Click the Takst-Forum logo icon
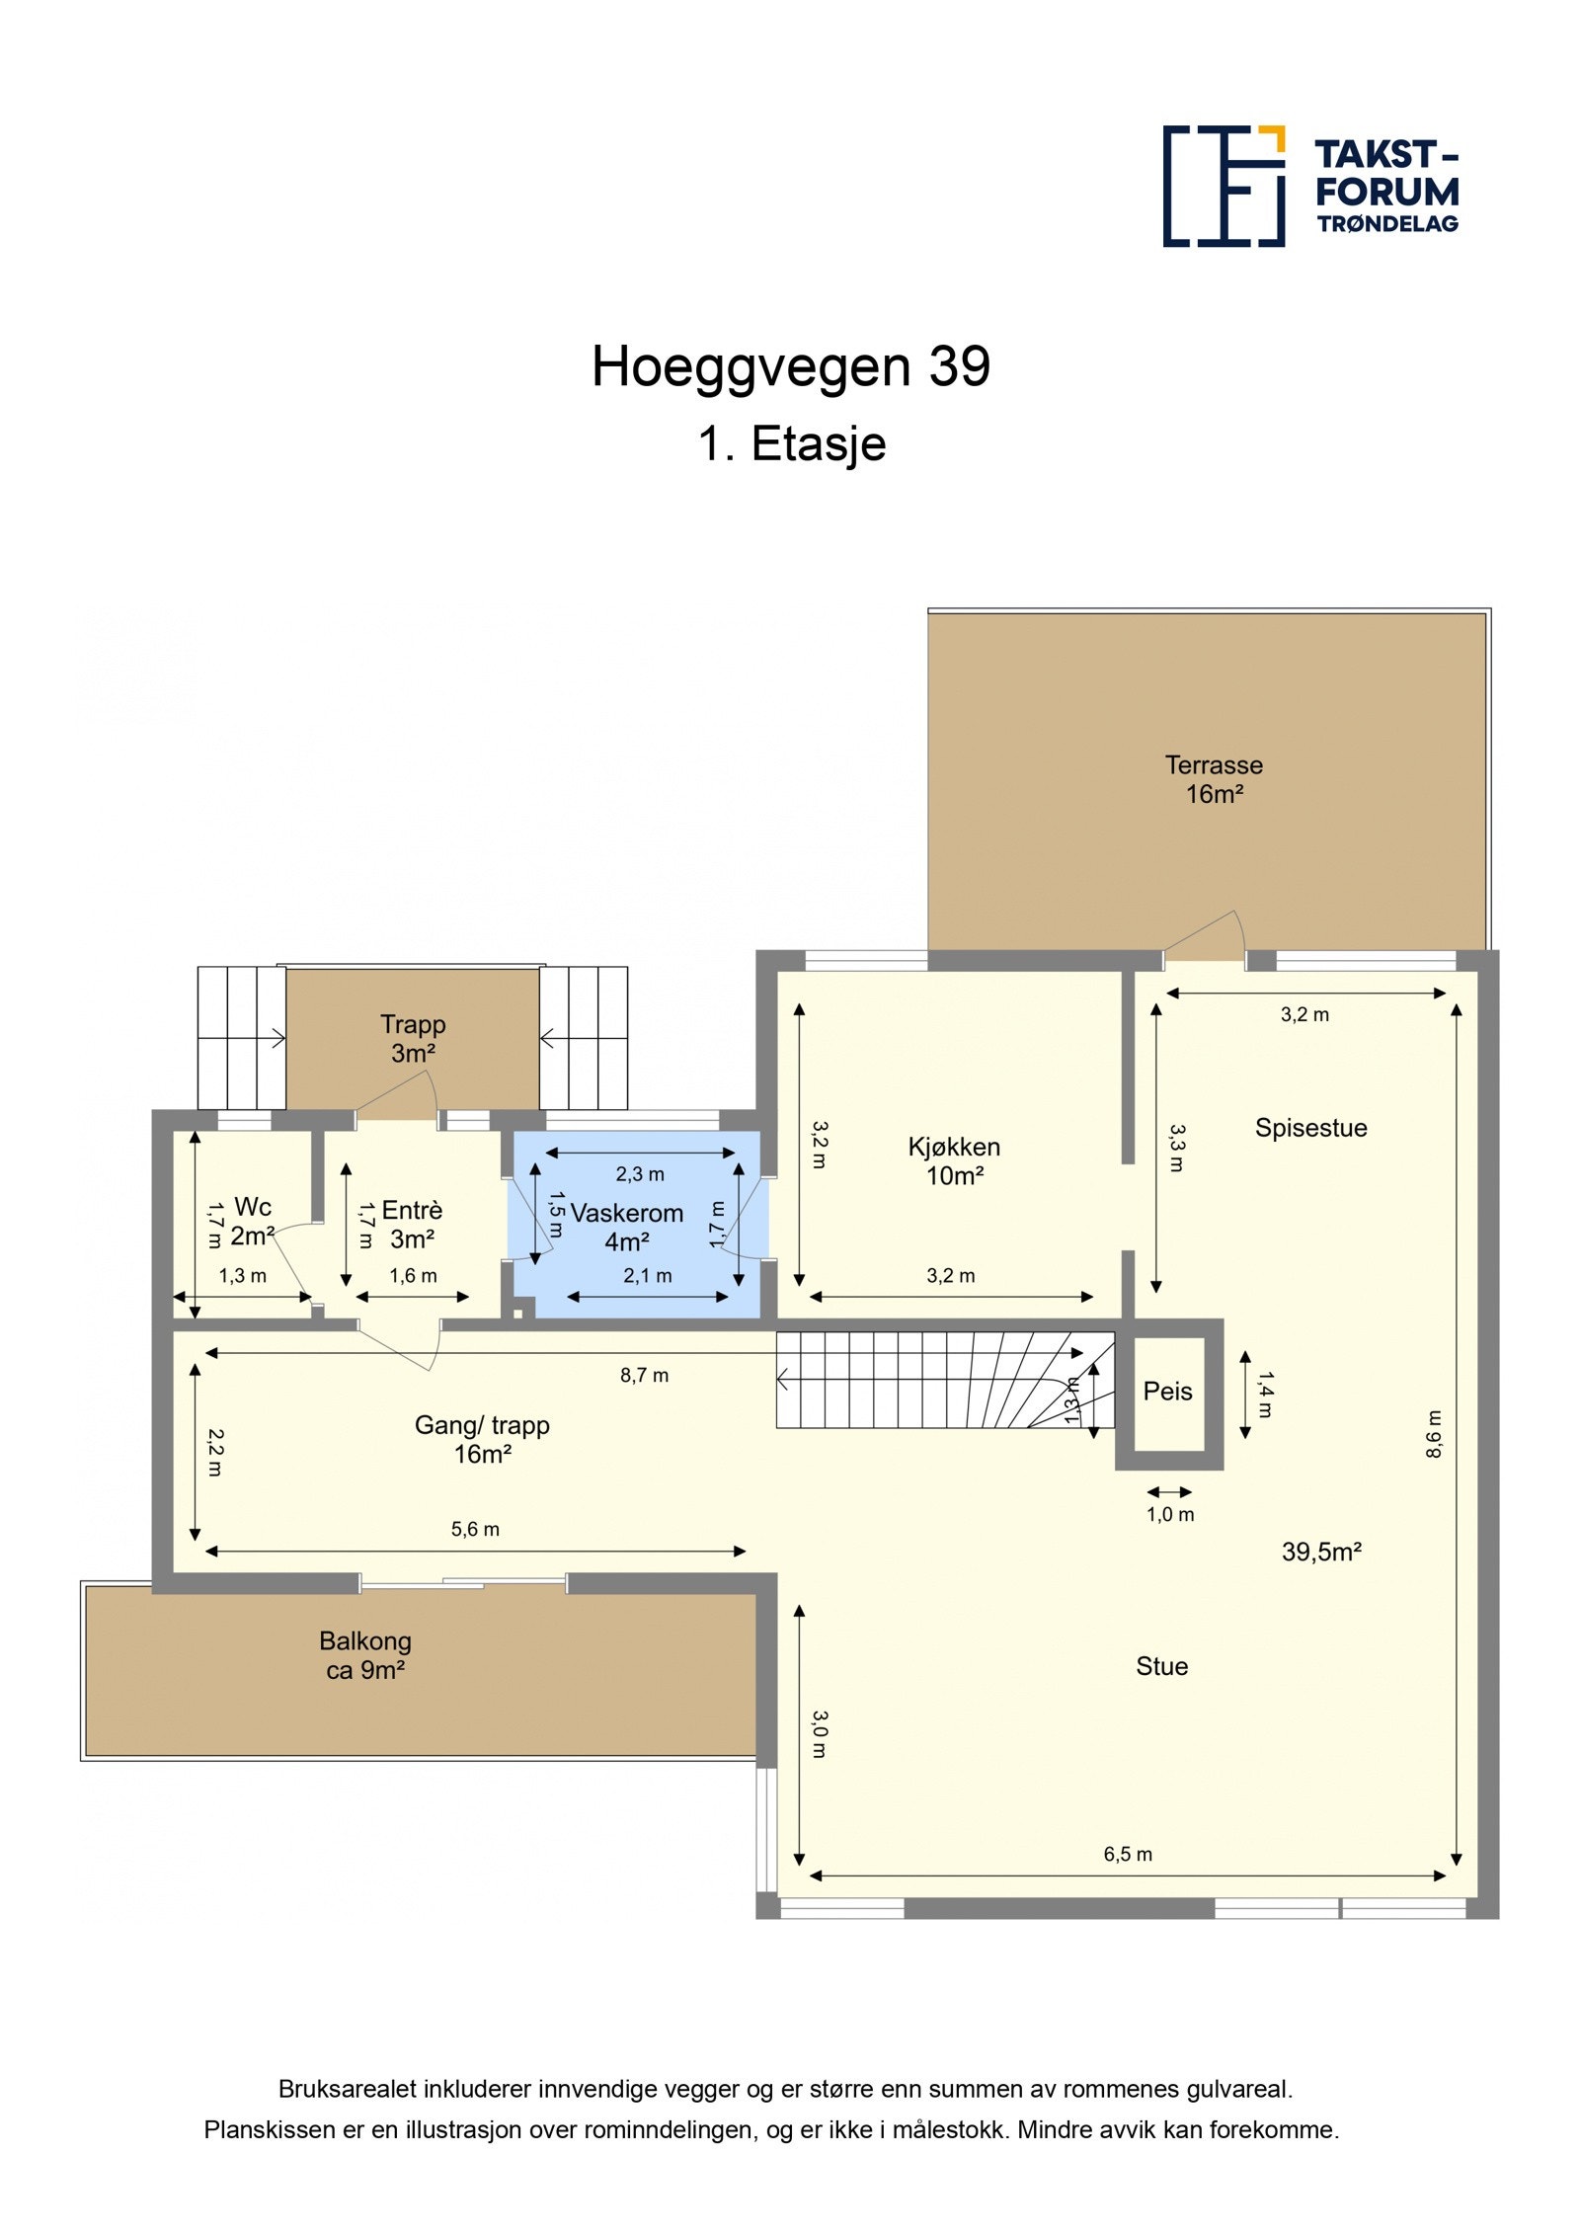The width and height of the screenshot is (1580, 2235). (1223, 186)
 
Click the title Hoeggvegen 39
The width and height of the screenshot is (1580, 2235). (790, 366)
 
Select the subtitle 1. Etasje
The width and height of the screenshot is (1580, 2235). (791, 443)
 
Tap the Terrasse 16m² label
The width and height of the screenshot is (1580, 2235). (1213, 779)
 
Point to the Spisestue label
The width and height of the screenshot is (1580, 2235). (1310, 1128)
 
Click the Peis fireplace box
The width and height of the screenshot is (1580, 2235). (1167, 1392)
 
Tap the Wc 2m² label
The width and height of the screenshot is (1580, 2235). (252, 1221)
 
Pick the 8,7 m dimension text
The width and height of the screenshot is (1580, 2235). (644, 1375)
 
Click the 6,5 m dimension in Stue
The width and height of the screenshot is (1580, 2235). (1128, 1854)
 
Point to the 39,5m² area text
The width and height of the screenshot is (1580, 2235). (1320, 1552)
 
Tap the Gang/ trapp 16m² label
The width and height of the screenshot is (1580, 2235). (482, 1439)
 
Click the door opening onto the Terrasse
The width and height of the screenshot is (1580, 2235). (1203, 939)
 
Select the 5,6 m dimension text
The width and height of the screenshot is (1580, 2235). (475, 1529)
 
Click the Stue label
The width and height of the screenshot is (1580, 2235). (1161, 1666)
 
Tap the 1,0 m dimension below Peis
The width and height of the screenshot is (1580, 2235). (1170, 1514)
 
